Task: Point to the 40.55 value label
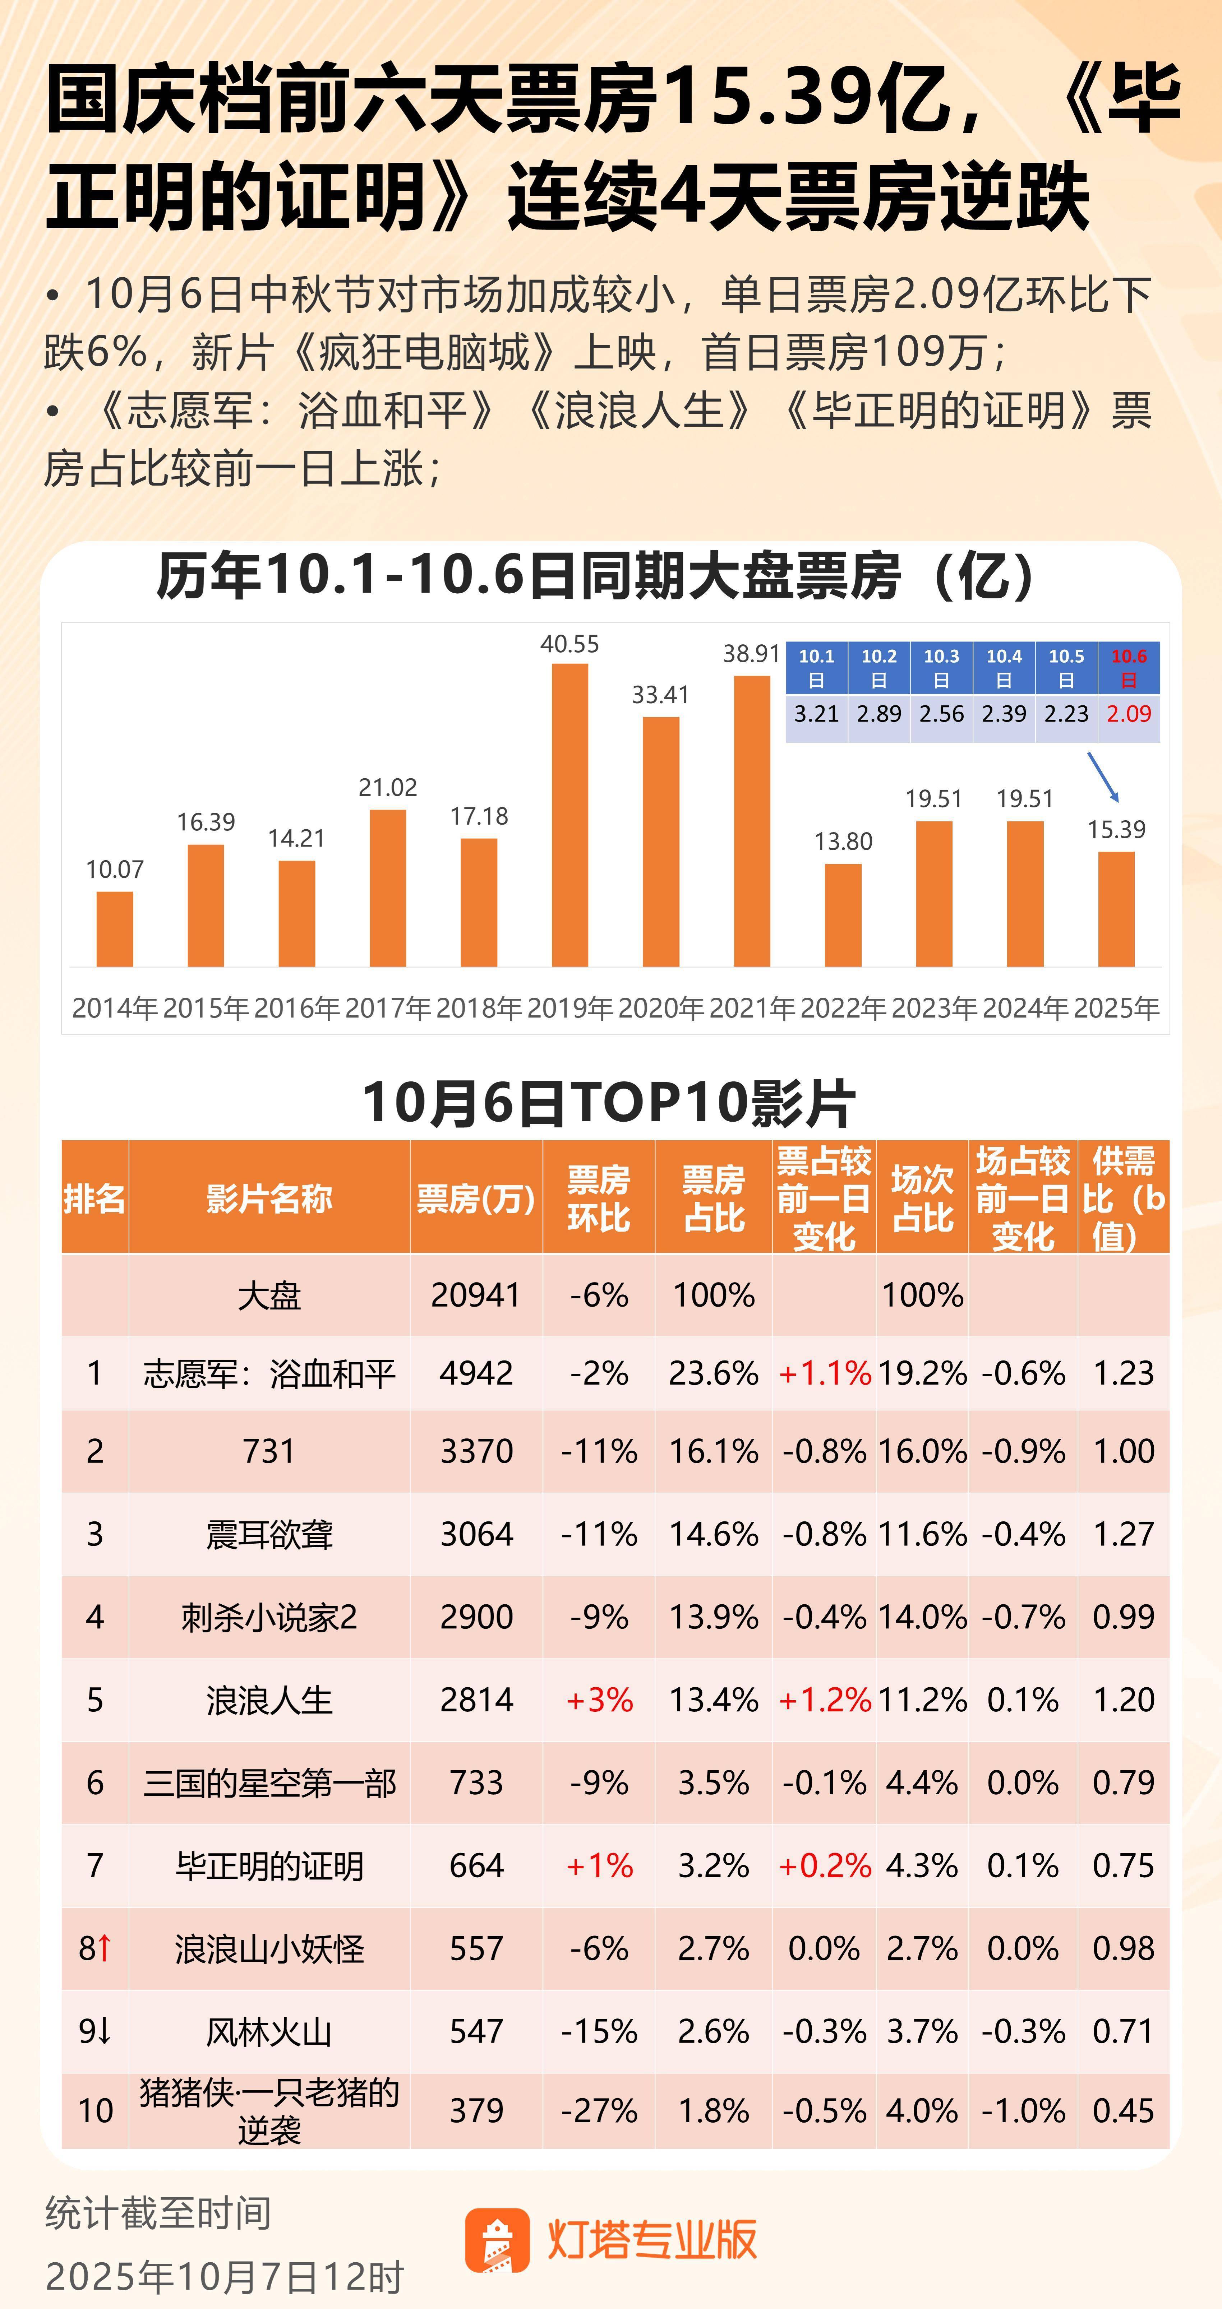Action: click(x=569, y=644)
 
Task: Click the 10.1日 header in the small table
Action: click(x=816, y=668)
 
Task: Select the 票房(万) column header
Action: click(x=476, y=1197)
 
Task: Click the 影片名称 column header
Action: click(x=269, y=1197)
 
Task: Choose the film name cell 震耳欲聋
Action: click(x=269, y=1534)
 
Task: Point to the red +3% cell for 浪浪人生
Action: click(x=599, y=1700)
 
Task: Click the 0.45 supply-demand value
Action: click(x=1122, y=2110)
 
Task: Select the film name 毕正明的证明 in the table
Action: click(x=269, y=1865)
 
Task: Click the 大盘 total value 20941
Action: click(x=476, y=1294)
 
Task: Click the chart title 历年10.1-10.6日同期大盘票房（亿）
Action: click(x=596, y=575)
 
